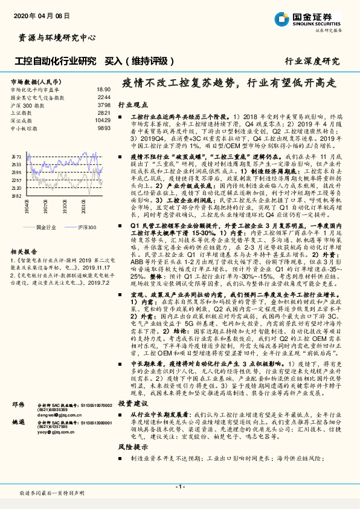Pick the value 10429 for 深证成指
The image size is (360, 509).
pyautogui.click(x=103, y=120)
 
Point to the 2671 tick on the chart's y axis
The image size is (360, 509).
pyautogui.click(x=17, y=155)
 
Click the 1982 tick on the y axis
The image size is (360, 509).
pyautogui.click(x=17, y=195)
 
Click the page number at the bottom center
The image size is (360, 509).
pyautogui.click(x=179, y=486)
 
